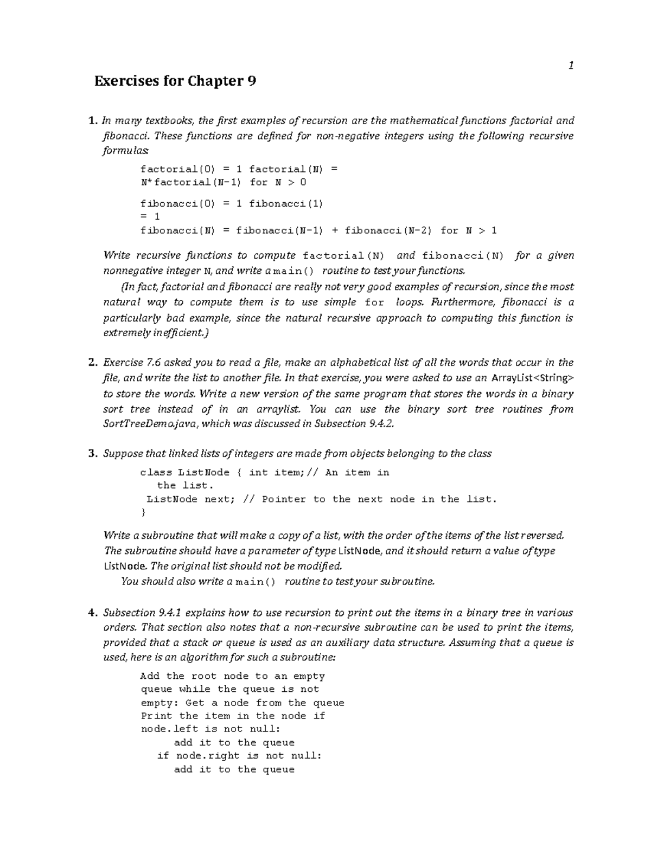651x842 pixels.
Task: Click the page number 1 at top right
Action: click(571, 66)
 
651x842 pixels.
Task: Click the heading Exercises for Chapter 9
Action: click(175, 81)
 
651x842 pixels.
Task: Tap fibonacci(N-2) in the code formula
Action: click(388, 230)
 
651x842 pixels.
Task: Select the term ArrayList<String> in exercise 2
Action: click(532, 378)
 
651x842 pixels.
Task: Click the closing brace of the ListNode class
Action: click(143, 512)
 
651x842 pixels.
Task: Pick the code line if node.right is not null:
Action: click(239, 755)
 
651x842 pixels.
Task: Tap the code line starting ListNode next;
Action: click(321, 499)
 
